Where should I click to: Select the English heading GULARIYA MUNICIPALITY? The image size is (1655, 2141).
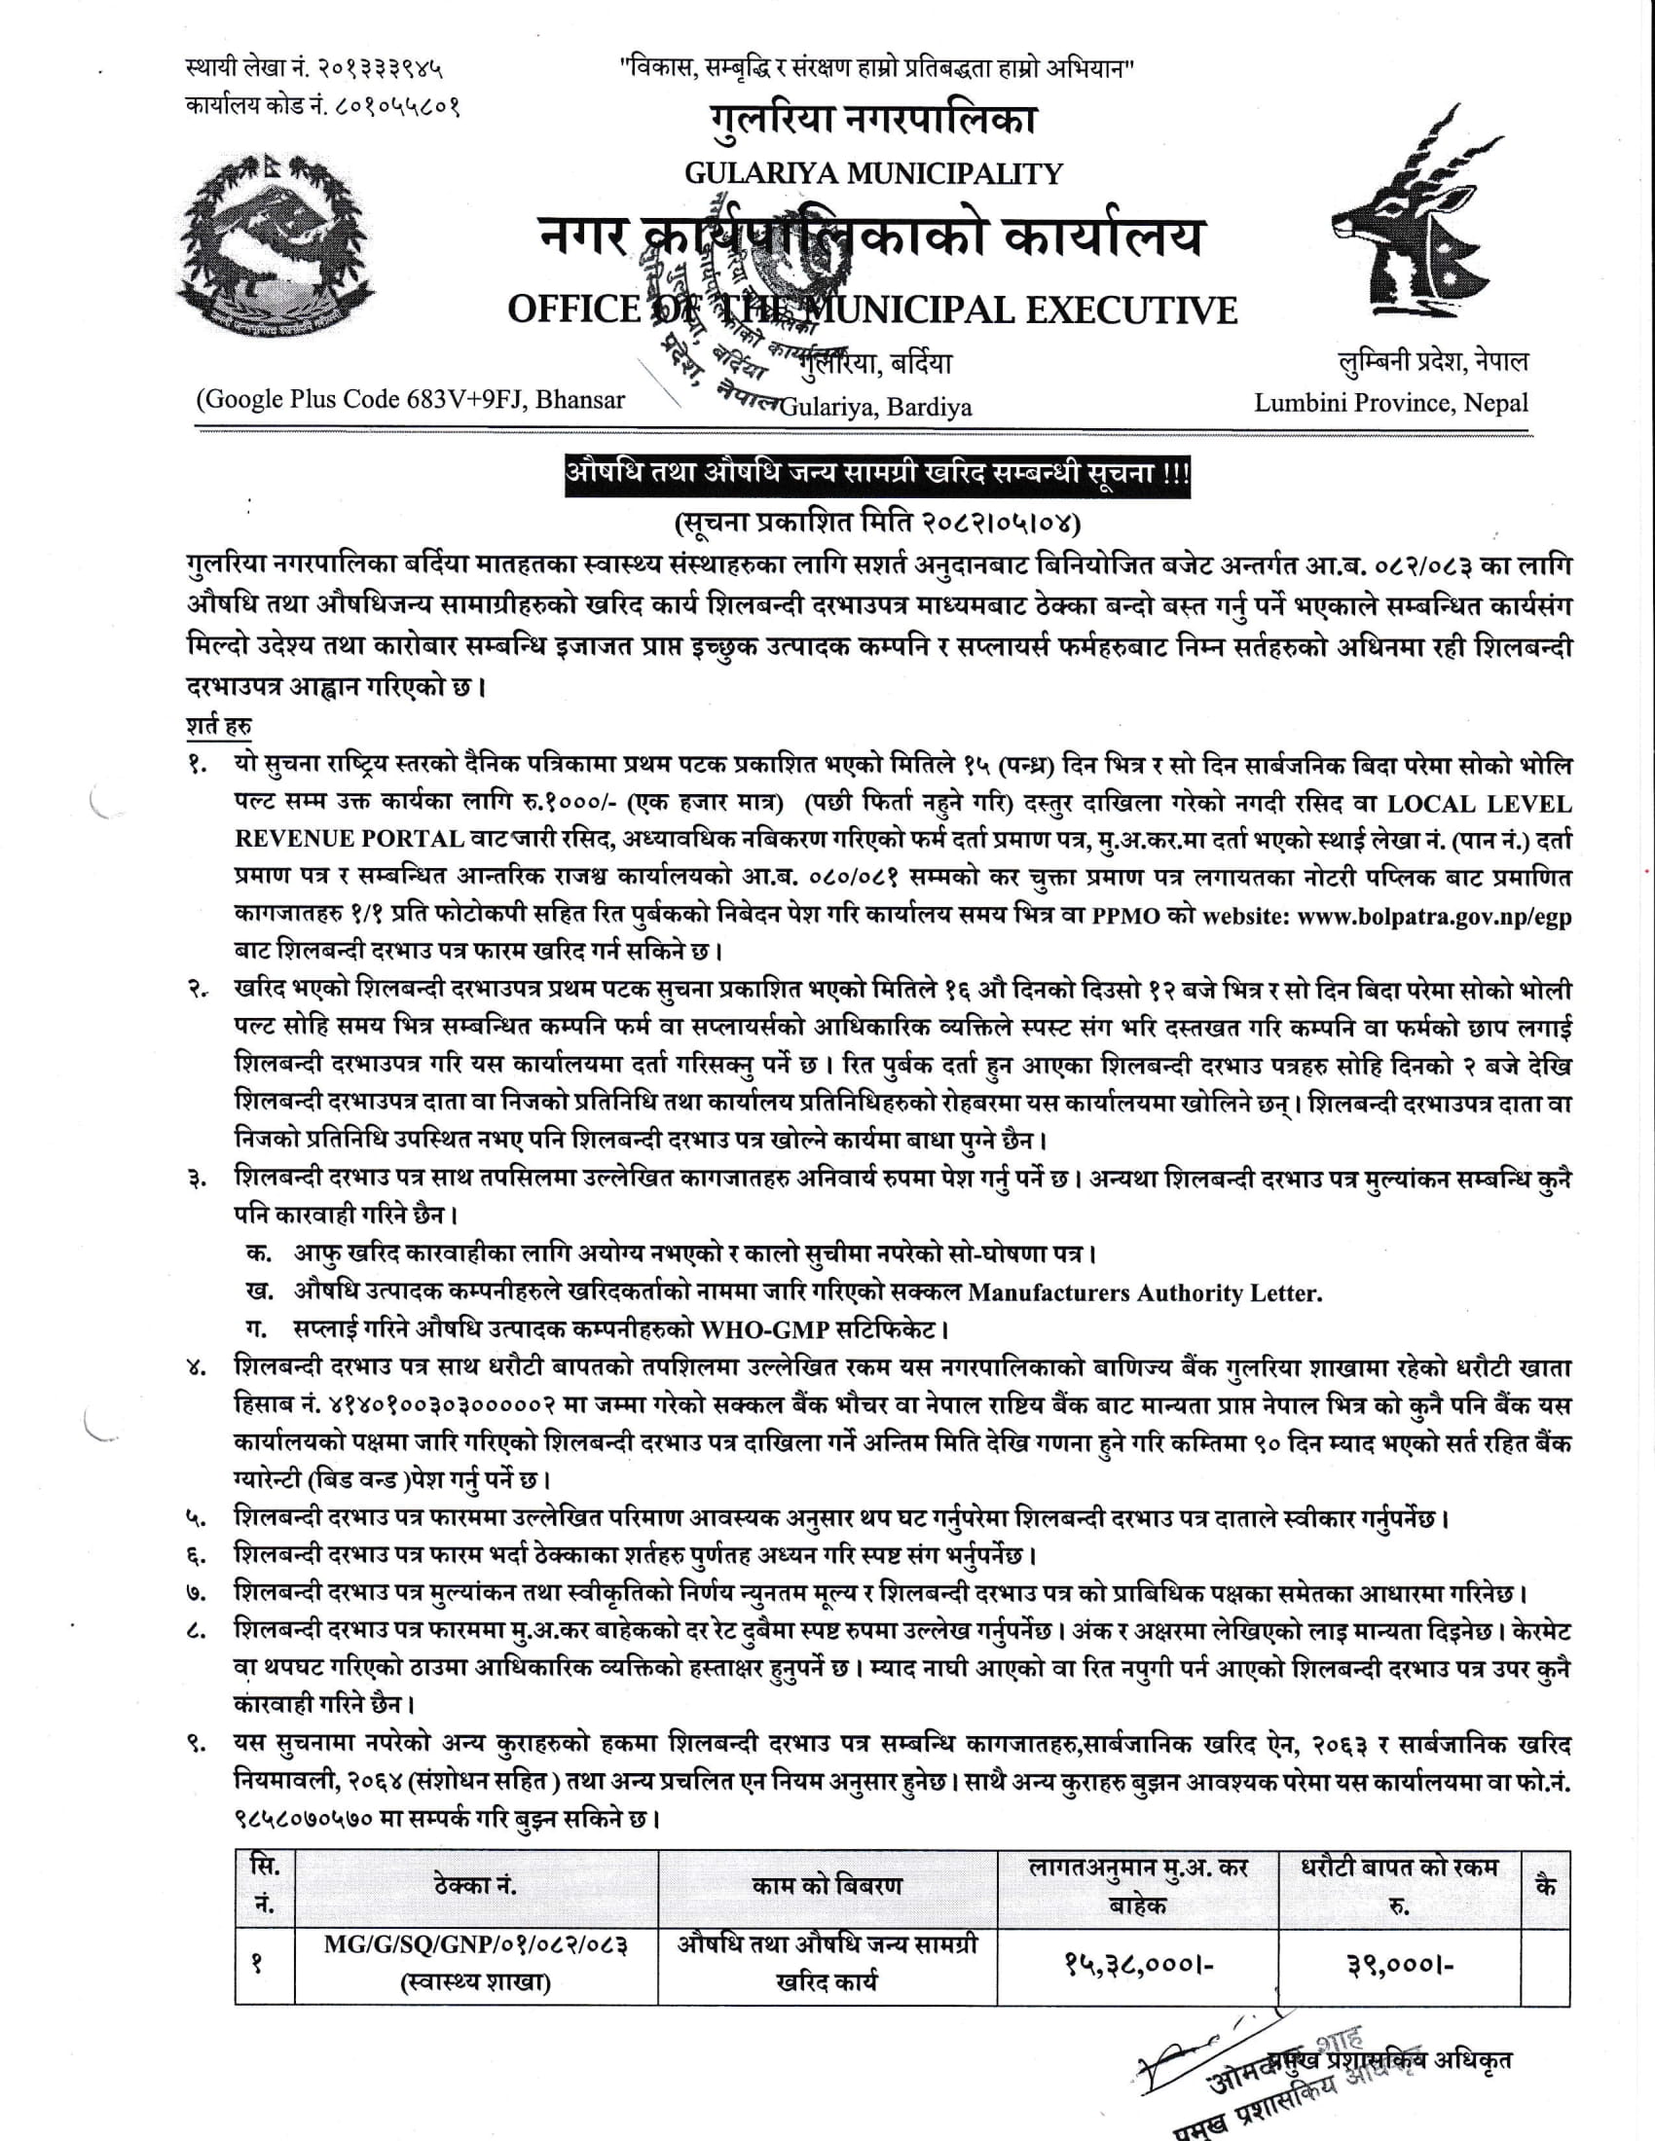pyautogui.click(x=872, y=173)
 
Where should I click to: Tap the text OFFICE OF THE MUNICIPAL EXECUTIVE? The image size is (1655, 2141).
pyautogui.click(x=871, y=309)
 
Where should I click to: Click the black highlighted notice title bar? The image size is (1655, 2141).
pyautogui.click(x=876, y=473)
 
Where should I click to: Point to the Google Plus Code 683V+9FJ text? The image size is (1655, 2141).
pyautogui.click(x=411, y=399)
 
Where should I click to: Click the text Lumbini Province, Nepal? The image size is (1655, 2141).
pyautogui.click(x=1390, y=402)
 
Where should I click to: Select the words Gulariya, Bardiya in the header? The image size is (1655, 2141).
pyautogui.click(x=874, y=406)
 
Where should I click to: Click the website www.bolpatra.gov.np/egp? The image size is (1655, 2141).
pyautogui.click(x=1433, y=916)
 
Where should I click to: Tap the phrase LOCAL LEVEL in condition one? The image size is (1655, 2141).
pyautogui.click(x=1479, y=804)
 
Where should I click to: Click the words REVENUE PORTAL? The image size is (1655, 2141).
pyautogui.click(x=349, y=839)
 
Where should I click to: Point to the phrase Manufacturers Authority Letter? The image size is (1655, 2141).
pyautogui.click(x=1144, y=1293)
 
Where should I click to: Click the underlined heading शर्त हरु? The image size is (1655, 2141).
pyautogui.click(x=218, y=726)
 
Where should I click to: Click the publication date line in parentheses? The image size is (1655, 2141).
pyautogui.click(x=876, y=522)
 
